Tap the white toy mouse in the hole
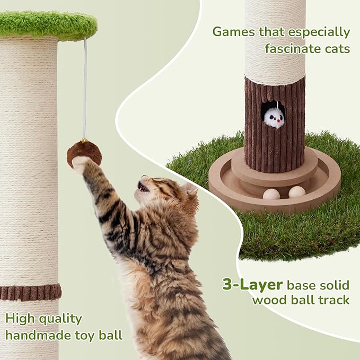tap(274, 117)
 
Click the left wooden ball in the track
tap(271, 195)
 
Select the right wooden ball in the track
tap(297, 191)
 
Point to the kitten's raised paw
tap(80, 165)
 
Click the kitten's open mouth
tap(143, 187)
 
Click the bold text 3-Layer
tap(252, 284)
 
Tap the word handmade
tap(37, 335)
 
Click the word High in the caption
tap(19, 319)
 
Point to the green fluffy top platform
tap(48, 24)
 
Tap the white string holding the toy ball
tap(85, 90)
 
